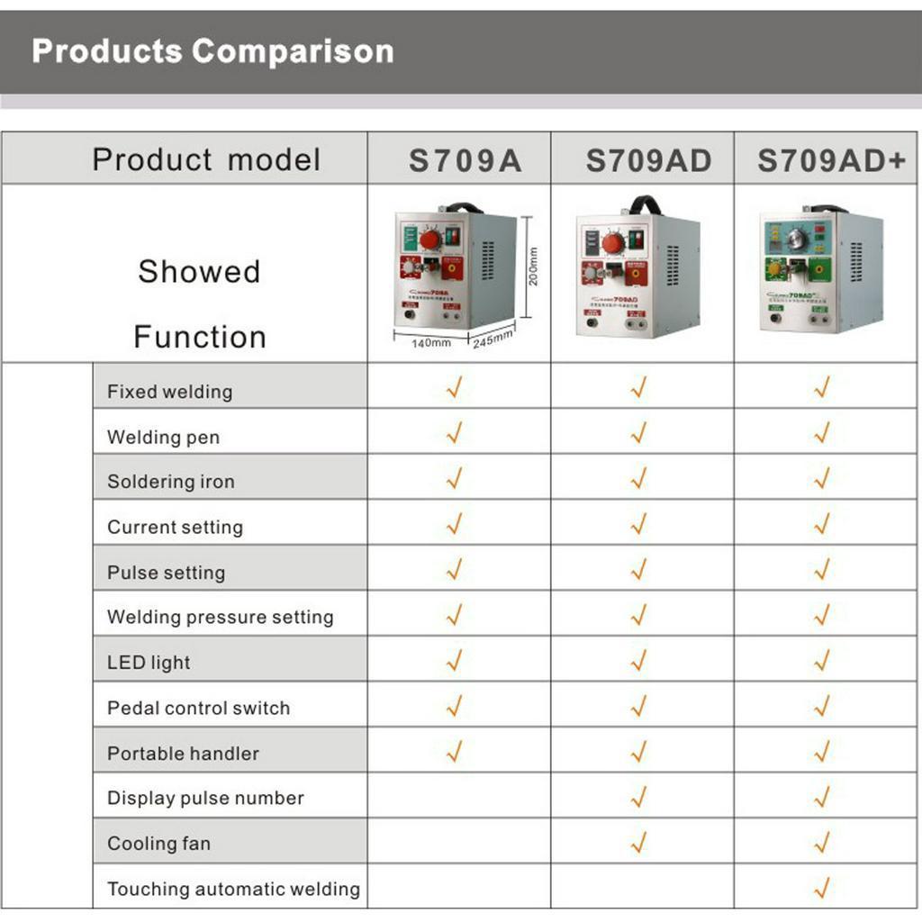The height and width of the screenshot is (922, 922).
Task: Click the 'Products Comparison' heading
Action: pyautogui.click(x=212, y=51)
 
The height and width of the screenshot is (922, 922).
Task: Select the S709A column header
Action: pyautogui.click(x=465, y=160)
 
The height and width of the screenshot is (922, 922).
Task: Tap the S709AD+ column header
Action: pyautogui.click(x=830, y=160)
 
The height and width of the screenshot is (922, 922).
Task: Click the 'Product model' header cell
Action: pyautogui.click(x=206, y=160)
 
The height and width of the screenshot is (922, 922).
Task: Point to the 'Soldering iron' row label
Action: pyautogui.click(x=171, y=482)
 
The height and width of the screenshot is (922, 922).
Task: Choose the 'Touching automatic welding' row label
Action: pyautogui.click(x=233, y=889)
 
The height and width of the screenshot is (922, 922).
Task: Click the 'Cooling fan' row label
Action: pyautogui.click(x=158, y=844)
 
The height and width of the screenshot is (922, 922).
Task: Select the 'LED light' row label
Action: pyautogui.click(x=149, y=663)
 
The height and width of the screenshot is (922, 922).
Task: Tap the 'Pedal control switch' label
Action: pyautogui.click(x=198, y=708)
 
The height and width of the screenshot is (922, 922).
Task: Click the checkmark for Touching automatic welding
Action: pyautogui.click(x=821, y=888)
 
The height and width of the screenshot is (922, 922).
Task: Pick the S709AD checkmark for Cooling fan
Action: pyautogui.click(x=638, y=843)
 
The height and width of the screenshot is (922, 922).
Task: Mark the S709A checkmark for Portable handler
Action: pyautogui.click(x=455, y=749)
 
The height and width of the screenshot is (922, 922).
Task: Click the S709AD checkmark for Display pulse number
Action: pyautogui.click(x=638, y=797)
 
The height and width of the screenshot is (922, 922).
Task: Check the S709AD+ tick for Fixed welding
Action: pyautogui.click(x=821, y=387)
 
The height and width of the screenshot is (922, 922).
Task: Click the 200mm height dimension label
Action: pyautogui.click(x=532, y=267)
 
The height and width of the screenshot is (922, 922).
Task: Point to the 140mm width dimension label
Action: pyautogui.click(x=431, y=343)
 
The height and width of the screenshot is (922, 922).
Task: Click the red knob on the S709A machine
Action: pyautogui.click(x=430, y=240)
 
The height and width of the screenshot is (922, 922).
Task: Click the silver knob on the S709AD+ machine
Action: pyautogui.click(x=796, y=239)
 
